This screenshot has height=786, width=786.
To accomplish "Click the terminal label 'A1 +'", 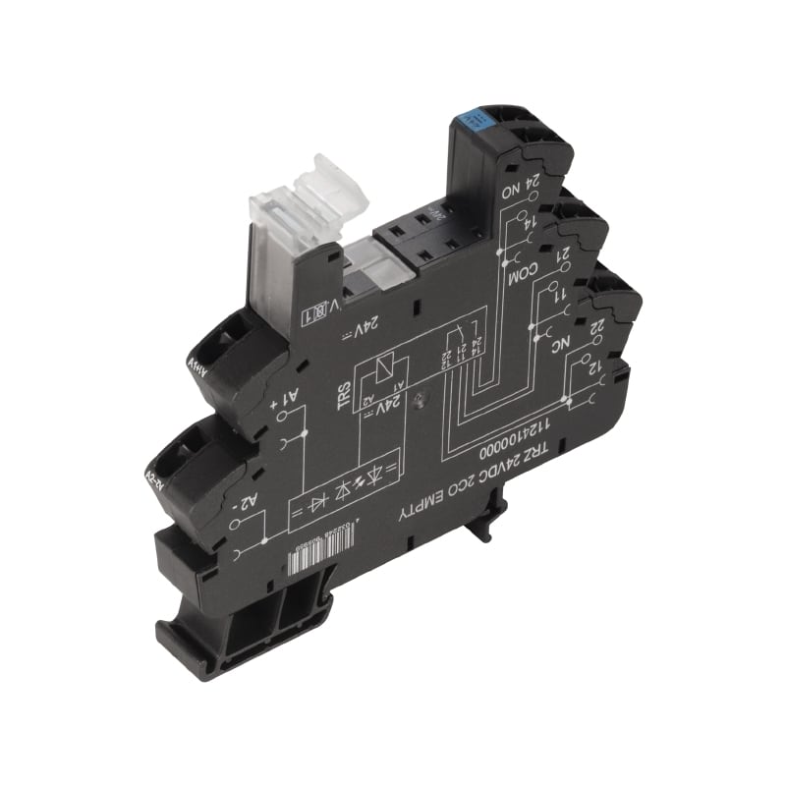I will click(284, 397).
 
